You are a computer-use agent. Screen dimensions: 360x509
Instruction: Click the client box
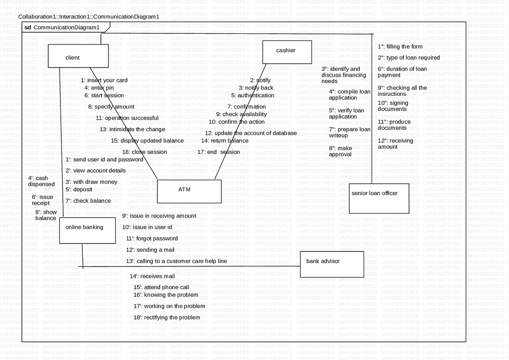pos(78,56)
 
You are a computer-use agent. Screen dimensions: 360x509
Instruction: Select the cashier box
pos(287,52)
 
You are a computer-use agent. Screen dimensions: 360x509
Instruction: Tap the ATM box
pos(189,191)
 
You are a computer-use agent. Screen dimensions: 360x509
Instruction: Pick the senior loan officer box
pos(379,198)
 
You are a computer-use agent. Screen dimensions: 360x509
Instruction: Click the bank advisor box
pos(332,264)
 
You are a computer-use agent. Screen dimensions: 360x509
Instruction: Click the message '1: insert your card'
pos(104,80)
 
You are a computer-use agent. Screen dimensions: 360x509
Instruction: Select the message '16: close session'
pos(144,152)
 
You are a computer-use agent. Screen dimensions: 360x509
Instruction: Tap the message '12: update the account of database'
pos(251,133)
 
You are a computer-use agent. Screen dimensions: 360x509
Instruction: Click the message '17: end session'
pos(219,152)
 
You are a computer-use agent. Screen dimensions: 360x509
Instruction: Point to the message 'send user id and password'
pos(104,160)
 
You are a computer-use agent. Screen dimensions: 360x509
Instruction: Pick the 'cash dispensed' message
pos(41,181)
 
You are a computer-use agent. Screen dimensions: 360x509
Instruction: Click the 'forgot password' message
pos(152,239)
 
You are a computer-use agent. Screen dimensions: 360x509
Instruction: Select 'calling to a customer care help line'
pos(177,261)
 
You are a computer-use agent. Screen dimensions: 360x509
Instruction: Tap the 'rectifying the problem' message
pos(167,317)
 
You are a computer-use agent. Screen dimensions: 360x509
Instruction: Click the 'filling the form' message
pos(400,47)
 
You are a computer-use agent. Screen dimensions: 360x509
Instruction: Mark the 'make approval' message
pos(340,151)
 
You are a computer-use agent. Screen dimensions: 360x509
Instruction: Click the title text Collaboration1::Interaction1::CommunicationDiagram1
pos(89,17)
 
